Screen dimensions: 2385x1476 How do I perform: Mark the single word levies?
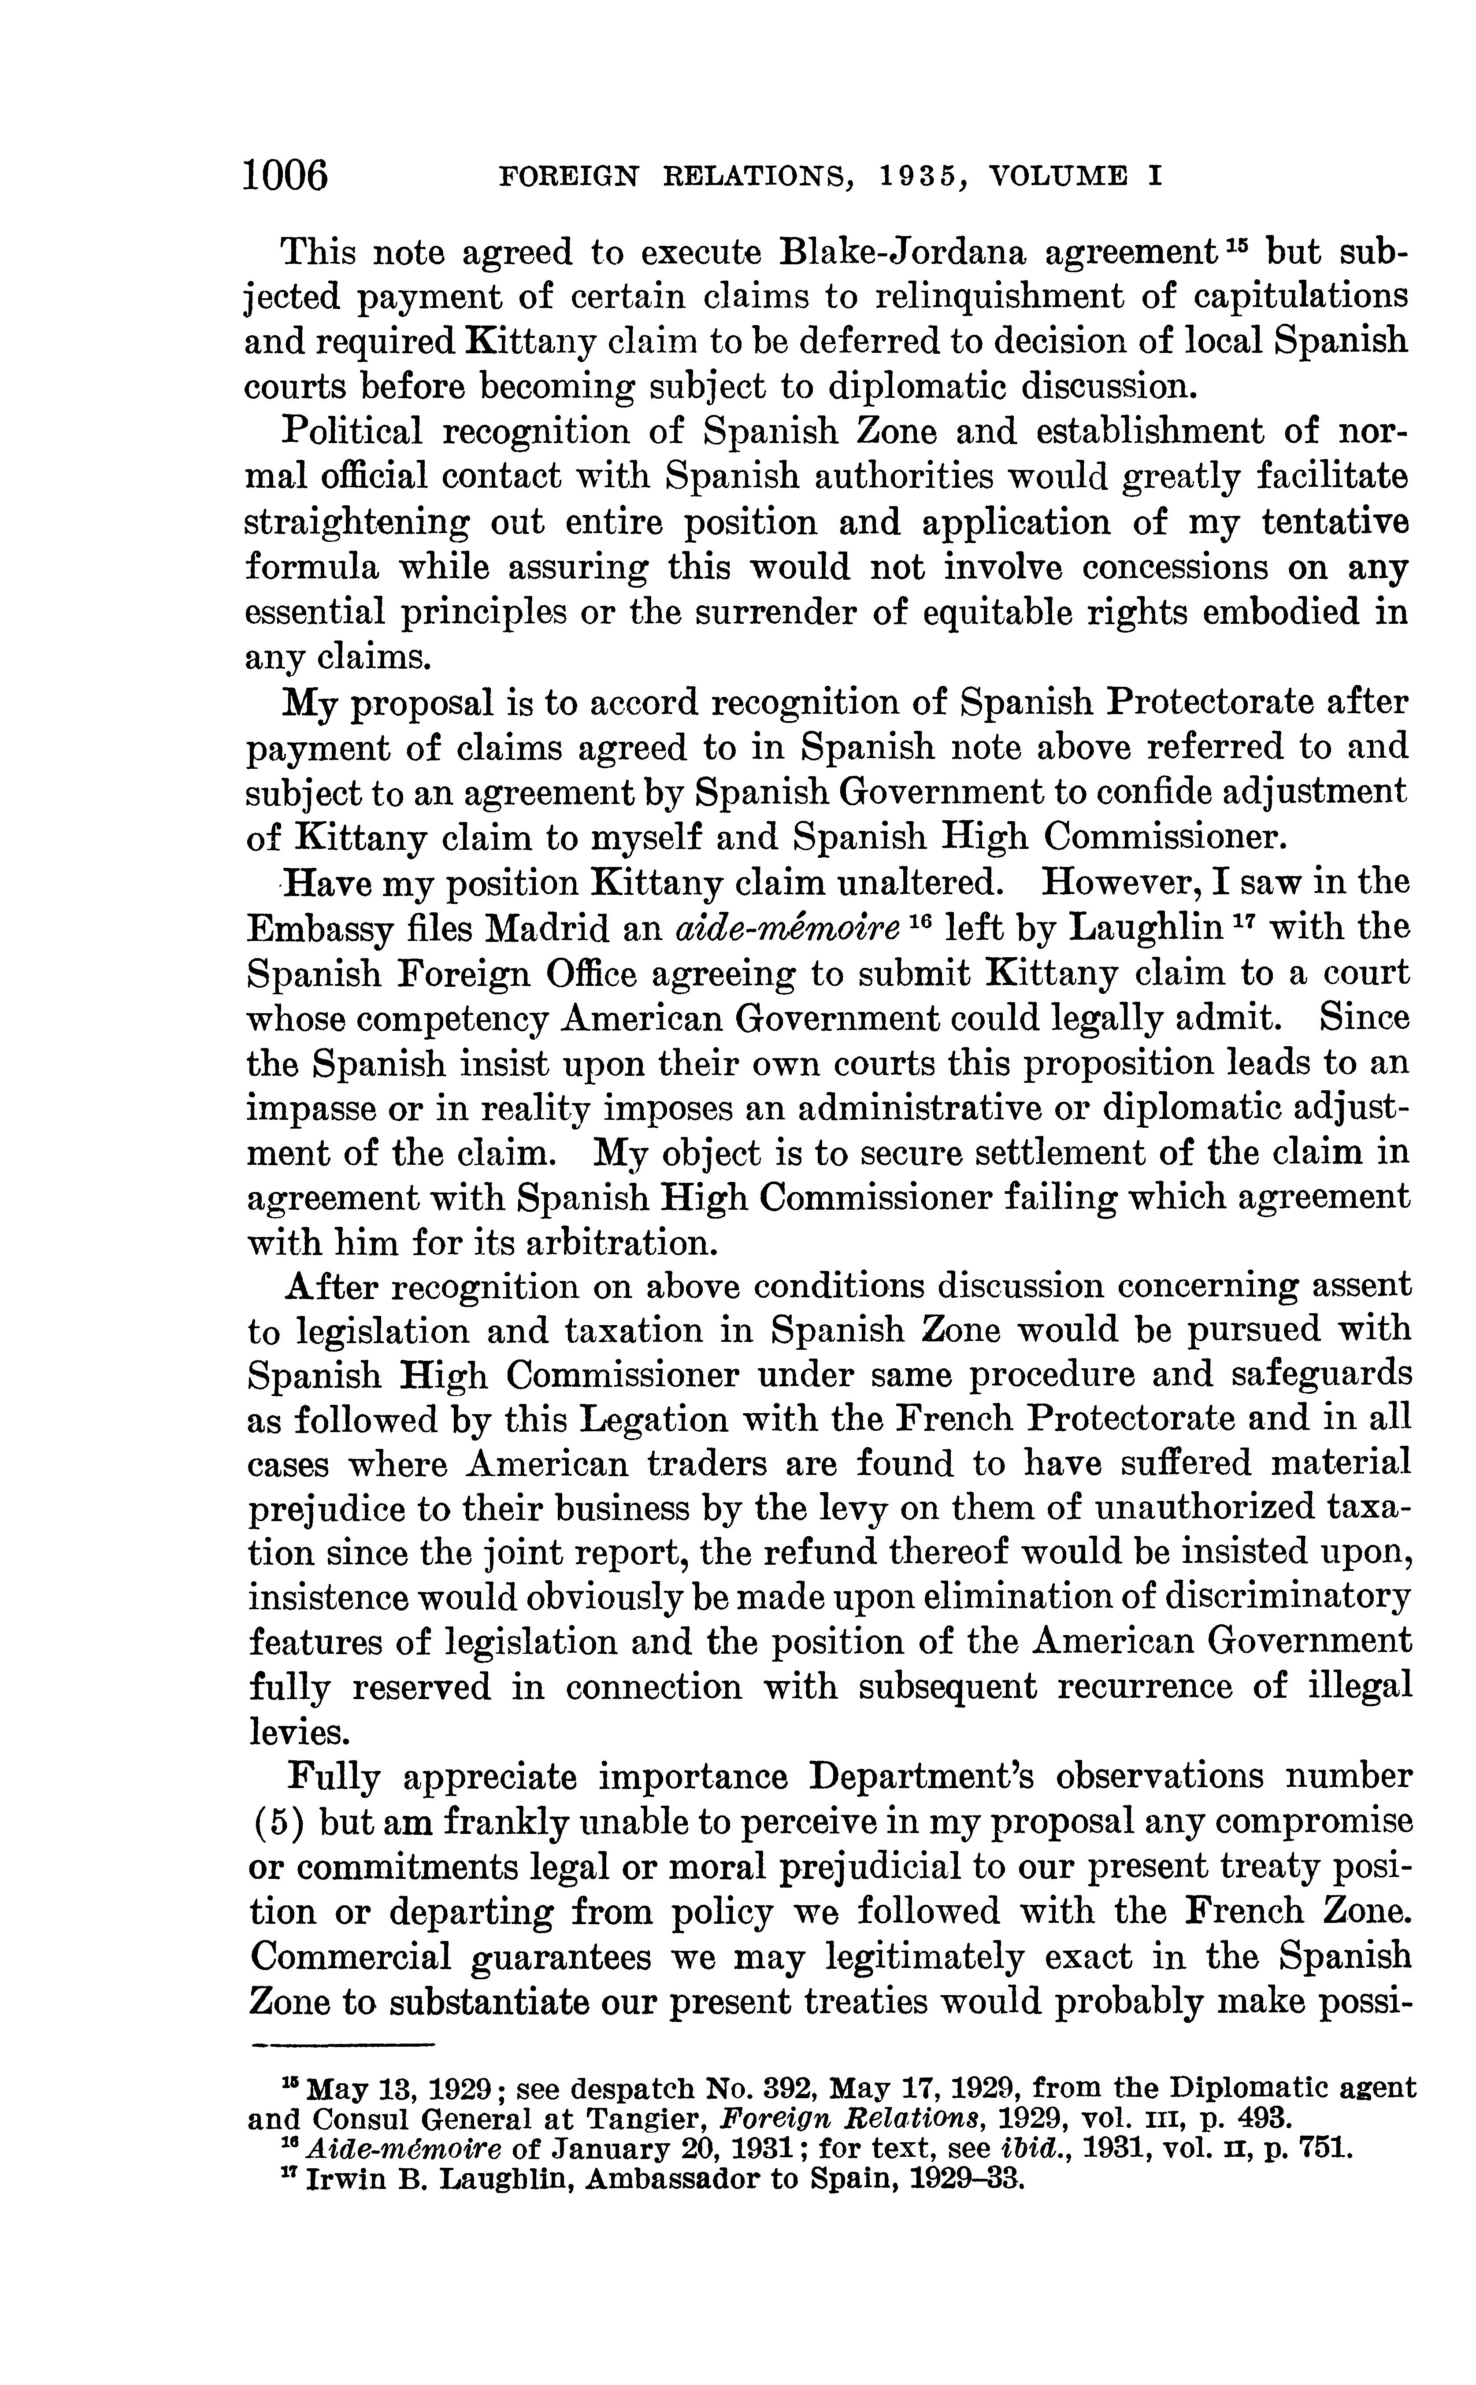(297, 1733)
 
